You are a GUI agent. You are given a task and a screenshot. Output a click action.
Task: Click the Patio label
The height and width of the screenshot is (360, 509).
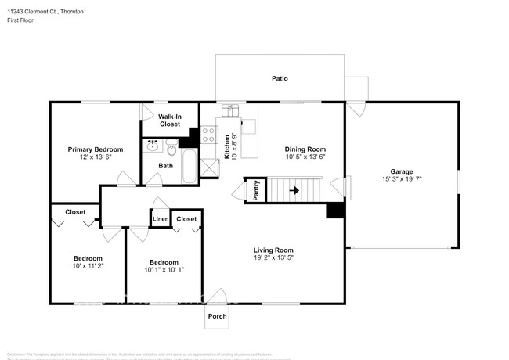(x=280, y=78)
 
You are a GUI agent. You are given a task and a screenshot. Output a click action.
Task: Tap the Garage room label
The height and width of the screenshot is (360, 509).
(x=402, y=171)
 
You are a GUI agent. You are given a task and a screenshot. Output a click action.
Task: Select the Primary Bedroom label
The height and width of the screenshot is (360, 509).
(x=95, y=149)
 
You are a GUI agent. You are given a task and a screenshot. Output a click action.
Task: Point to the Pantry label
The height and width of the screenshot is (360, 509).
(x=256, y=190)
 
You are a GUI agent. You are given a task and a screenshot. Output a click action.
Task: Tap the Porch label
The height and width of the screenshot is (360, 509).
(x=217, y=316)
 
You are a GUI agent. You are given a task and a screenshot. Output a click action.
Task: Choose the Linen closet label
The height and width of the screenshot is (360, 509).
(x=160, y=219)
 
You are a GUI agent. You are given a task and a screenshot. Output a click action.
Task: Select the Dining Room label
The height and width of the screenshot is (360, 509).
(x=305, y=149)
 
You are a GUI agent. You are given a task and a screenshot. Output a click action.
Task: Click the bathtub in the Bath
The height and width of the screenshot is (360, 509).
(x=189, y=165)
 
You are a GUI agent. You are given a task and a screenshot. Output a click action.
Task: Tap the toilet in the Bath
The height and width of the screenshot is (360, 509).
(x=171, y=146)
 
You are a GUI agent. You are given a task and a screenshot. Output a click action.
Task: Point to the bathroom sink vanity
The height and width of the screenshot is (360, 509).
(x=152, y=146)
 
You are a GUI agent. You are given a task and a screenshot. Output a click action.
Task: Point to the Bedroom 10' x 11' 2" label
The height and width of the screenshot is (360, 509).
(x=88, y=262)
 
